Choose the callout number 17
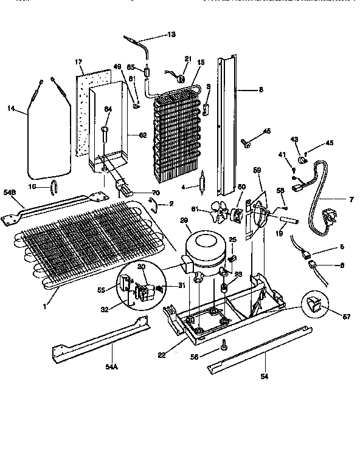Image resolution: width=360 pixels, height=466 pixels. click(x=78, y=62)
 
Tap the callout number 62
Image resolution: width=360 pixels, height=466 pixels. click(x=144, y=135)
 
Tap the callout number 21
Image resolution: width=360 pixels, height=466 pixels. click(x=187, y=59)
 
